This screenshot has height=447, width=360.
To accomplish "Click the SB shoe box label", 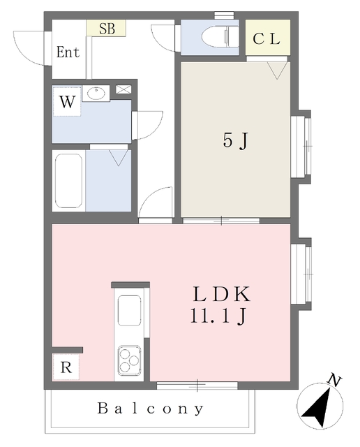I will tap(107, 29).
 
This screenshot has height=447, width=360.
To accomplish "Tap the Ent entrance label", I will tap(68, 52).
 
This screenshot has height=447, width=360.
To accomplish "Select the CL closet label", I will tap(266, 40).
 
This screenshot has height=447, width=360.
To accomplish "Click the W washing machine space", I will tap(66, 102).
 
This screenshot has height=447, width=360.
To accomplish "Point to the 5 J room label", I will tap(235, 140).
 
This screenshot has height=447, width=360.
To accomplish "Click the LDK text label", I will tap(216, 294).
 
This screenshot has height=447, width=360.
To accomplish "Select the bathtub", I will tap(69, 180).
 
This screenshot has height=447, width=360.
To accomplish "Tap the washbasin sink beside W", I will tap(95, 92).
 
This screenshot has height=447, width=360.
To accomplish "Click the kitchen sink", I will tap(130, 311).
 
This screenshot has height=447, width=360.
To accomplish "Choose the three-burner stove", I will tap(130, 360).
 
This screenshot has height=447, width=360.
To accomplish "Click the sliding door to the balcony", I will tap(197, 384).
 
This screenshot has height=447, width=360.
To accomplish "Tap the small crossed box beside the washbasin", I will tap(123, 89).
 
